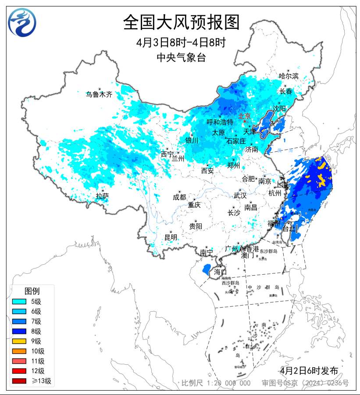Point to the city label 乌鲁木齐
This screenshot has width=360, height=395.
[99, 94]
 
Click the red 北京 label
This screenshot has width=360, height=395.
[244, 116]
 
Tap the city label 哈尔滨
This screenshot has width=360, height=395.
[289, 76]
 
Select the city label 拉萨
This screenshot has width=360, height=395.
[102, 196]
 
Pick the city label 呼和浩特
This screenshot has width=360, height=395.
[220, 122]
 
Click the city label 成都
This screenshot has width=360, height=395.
[179, 197]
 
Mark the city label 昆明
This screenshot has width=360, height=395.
[171, 237]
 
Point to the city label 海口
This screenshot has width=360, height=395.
[221, 272]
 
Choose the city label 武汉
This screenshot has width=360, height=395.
[240, 195]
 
